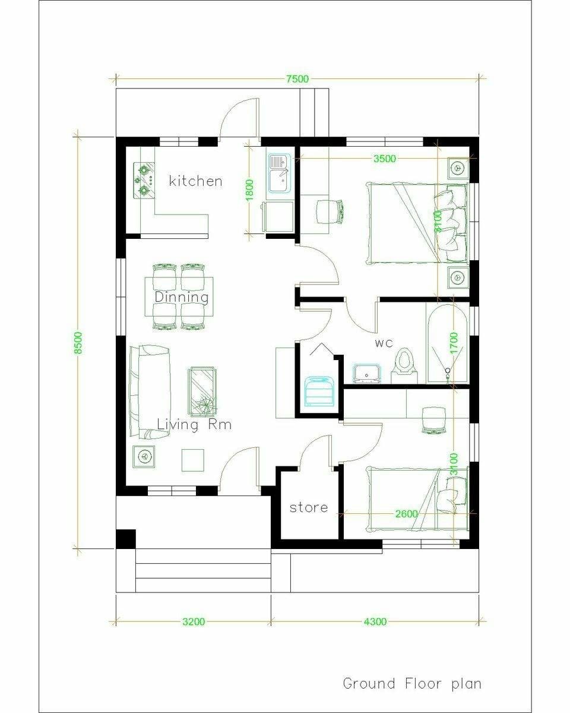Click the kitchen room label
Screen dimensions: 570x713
tap(195, 181)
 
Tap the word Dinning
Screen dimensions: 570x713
tap(182, 297)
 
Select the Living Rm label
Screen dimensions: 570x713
tap(194, 424)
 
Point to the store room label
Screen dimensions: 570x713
tap(309, 507)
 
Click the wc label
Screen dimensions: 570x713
tap(384, 343)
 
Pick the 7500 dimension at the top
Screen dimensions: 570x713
tap(297, 79)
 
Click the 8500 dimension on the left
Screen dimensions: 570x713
tap(78, 343)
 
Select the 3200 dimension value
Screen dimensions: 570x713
tap(194, 621)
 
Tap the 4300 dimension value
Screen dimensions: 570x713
tap(375, 621)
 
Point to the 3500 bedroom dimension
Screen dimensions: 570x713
tap(385, 159)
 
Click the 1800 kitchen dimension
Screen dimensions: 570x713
tap(250, 190)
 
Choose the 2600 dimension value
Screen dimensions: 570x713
tap(406, 514)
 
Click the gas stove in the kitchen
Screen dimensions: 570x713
tap(144, 180)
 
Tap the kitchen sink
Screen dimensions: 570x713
tap(279, 173)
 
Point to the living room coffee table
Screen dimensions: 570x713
tap(202, 392)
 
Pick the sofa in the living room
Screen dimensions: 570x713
tap(150, 392)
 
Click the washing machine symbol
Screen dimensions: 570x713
tap(319, 391)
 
